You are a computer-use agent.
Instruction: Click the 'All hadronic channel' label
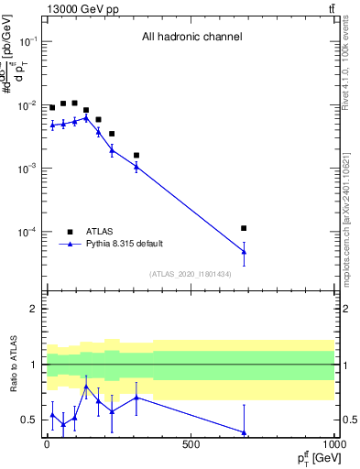pos(191,38)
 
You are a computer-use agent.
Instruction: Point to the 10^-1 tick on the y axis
pos(28,41)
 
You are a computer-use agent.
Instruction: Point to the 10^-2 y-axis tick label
pos(28,105)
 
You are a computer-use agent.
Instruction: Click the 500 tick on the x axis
pos(191,444)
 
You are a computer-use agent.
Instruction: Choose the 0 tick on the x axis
pos(47,444)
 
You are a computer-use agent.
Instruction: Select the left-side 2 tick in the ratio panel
pos(35,309)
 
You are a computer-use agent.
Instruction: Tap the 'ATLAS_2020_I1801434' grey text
pos(191,274)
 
